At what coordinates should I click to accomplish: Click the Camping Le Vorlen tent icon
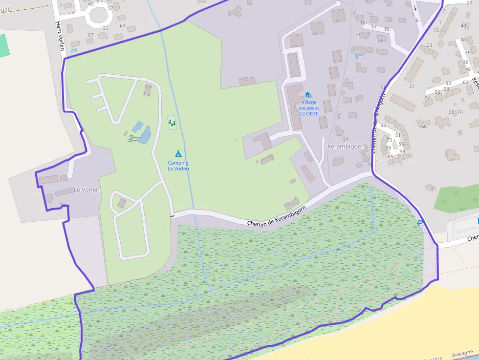click(x=178, y=153)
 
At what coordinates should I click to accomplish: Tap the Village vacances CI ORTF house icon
click(x=307, y=94)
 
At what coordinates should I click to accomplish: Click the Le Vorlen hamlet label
click(x=87, y=190)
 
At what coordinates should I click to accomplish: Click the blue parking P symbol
click(x=419, y=223)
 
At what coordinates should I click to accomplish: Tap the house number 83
click(x=433, y=188)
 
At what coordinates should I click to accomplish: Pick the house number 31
click(x=412, y=86)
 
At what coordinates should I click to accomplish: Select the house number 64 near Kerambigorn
click(x=345, y=139)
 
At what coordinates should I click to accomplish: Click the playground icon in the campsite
click(x=172, y=123)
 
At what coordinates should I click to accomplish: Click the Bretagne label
click(x=462, y=353)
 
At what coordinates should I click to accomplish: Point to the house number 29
click(x=72, y=12)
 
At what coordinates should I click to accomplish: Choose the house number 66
click(x=424, y=127)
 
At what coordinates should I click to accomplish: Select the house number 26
click(x=381, y=41)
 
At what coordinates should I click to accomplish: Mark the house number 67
click(x=90, y=35)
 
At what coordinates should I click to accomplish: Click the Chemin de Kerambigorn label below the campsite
click(x=276, y=216)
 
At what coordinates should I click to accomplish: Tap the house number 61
click(x=122, y=26)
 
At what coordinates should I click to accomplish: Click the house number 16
click(x=362, y=23)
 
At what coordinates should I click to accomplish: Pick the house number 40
click(x=463, y=26)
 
